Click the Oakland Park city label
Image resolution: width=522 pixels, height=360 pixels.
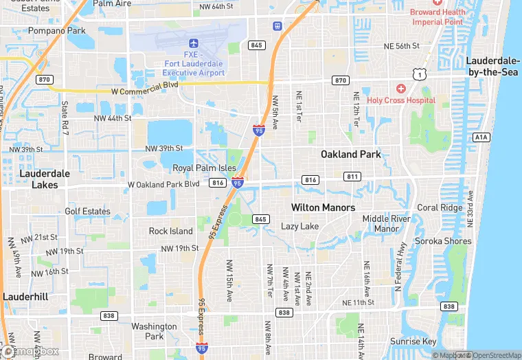[350, 154]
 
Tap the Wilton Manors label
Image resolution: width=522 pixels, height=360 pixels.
[323, 207]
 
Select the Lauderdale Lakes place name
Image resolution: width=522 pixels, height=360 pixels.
[45, 179]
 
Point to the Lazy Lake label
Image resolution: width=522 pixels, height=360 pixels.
[299, 226]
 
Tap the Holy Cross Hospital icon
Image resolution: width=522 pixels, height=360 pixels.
[401, 89]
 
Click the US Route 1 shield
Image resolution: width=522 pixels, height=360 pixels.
[418, 74]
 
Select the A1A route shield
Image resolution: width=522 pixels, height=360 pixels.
[481, 137]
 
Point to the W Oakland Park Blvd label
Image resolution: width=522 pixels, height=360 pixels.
[163, 184]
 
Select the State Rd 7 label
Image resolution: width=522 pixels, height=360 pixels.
[65, 117]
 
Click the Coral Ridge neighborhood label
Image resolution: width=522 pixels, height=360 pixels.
[440, 207]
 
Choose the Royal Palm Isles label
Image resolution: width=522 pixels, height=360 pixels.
[204, 168]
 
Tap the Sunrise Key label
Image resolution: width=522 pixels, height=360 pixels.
[413, 341]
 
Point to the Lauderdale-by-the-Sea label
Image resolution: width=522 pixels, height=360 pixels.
[494, 66]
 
